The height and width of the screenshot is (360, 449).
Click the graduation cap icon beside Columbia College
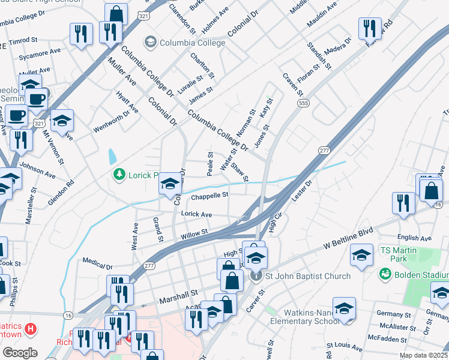[149, 43]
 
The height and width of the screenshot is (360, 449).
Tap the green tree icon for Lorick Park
[119, 174]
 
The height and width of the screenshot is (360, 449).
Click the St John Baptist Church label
[309, 276]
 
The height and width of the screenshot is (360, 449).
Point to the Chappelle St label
[209, 196]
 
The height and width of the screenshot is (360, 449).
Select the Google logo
[20, 353]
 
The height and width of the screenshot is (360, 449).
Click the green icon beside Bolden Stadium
[384, 274]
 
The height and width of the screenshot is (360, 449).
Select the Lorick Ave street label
[197, 214]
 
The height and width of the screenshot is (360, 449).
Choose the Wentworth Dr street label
[111, 122]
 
